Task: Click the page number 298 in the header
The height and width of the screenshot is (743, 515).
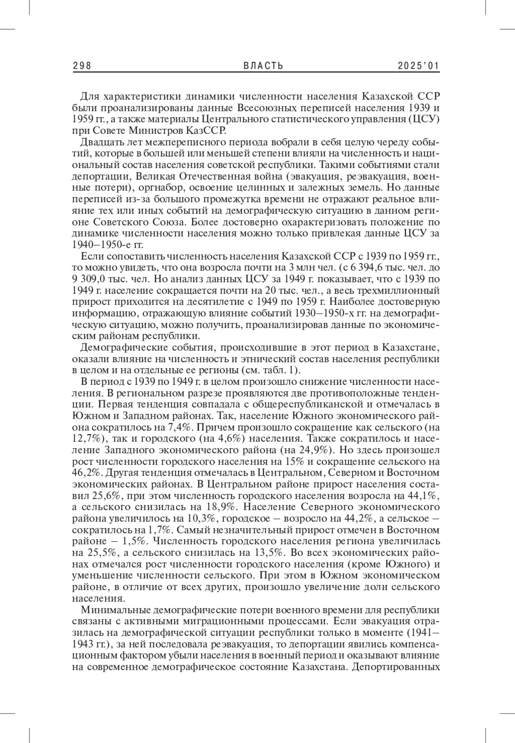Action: coord(83,65)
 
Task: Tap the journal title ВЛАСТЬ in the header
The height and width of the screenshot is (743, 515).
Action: coord(264,65)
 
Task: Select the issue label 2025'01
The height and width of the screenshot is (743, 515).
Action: coord(418,65)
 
